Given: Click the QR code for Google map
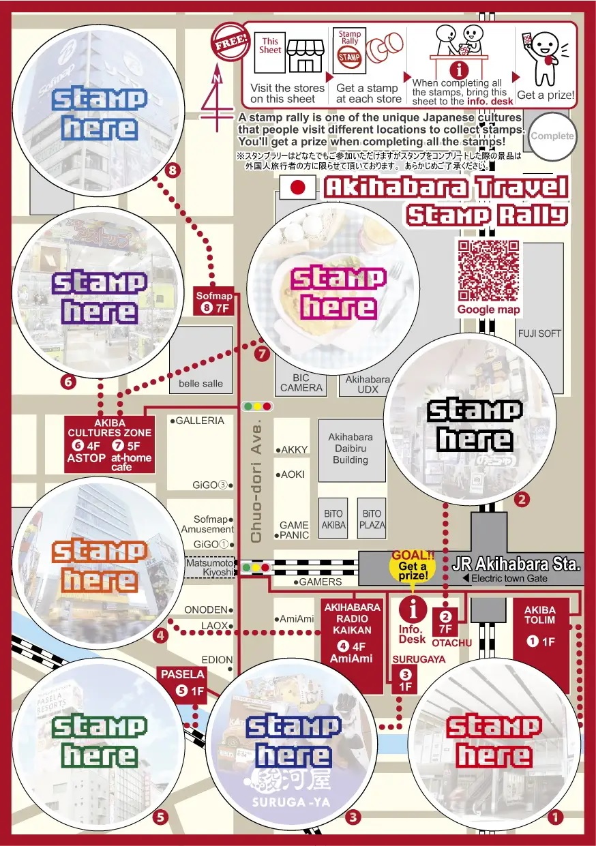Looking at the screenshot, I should click(x=488, y=271).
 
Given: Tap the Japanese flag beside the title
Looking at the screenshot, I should click(x=297, y=188).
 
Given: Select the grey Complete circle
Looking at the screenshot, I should click(x=552, y=136).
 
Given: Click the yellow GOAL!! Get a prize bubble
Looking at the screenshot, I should click(x=413, y=566).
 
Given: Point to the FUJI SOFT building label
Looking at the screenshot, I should click(x=539, y=333).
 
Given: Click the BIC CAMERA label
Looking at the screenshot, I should click(x=301, y=383).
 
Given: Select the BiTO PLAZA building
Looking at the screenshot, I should click(x=372, y=519).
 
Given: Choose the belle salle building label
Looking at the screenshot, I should click(x=200, y=383).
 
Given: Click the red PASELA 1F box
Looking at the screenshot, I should click(x=183, y=682).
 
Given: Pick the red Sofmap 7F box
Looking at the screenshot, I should click(x=214, y=302).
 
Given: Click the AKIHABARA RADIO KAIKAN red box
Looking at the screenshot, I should click(x=352, y=633).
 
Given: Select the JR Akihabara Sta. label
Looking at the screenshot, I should click(x=516, y=564).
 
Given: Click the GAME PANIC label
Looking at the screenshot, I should click(x=294, y=530).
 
